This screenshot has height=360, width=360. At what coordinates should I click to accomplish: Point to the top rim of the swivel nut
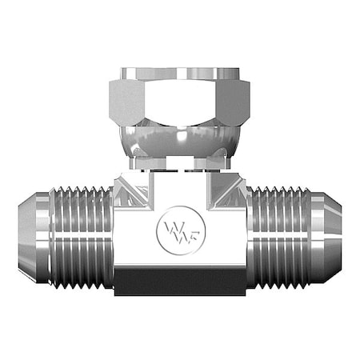179,73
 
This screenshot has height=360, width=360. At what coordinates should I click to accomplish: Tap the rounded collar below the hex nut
179,144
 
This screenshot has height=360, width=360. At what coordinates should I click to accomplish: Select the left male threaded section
80,236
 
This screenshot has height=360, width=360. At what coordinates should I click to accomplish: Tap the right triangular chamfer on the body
230,190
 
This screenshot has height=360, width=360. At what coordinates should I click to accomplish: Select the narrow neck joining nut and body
179,164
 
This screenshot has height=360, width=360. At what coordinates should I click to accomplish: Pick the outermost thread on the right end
305,236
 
